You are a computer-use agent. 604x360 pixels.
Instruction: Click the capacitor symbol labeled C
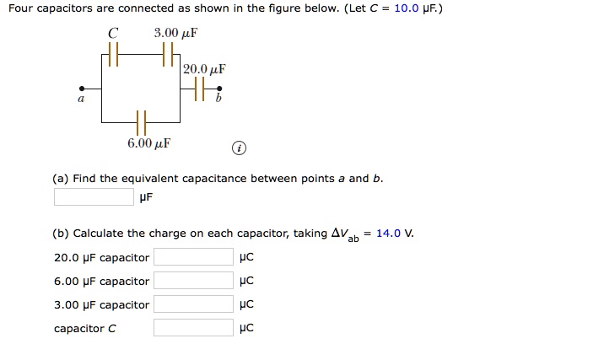pos(113,57)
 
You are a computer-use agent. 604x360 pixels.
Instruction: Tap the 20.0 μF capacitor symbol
pos(199,87)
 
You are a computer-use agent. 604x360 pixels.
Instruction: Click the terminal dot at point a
pos(81,87)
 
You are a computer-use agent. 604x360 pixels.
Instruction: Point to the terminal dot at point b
pos(219,87)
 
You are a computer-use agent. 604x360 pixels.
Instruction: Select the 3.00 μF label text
pos(175,34)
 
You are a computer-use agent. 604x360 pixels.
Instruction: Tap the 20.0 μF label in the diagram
pos(204,68)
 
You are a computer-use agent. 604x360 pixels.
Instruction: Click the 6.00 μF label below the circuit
pos(148,143)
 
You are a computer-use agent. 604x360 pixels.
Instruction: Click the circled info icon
pos(240,148)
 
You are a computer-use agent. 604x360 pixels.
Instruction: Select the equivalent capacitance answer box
pos(94,196)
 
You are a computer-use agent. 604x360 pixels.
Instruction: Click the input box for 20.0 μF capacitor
pos(192,257)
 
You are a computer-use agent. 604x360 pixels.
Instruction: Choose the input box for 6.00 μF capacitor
pos(192,281)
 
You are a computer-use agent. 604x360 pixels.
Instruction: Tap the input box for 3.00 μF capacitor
pos(192,304)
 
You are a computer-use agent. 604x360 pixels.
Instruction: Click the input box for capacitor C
pos(192,328)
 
